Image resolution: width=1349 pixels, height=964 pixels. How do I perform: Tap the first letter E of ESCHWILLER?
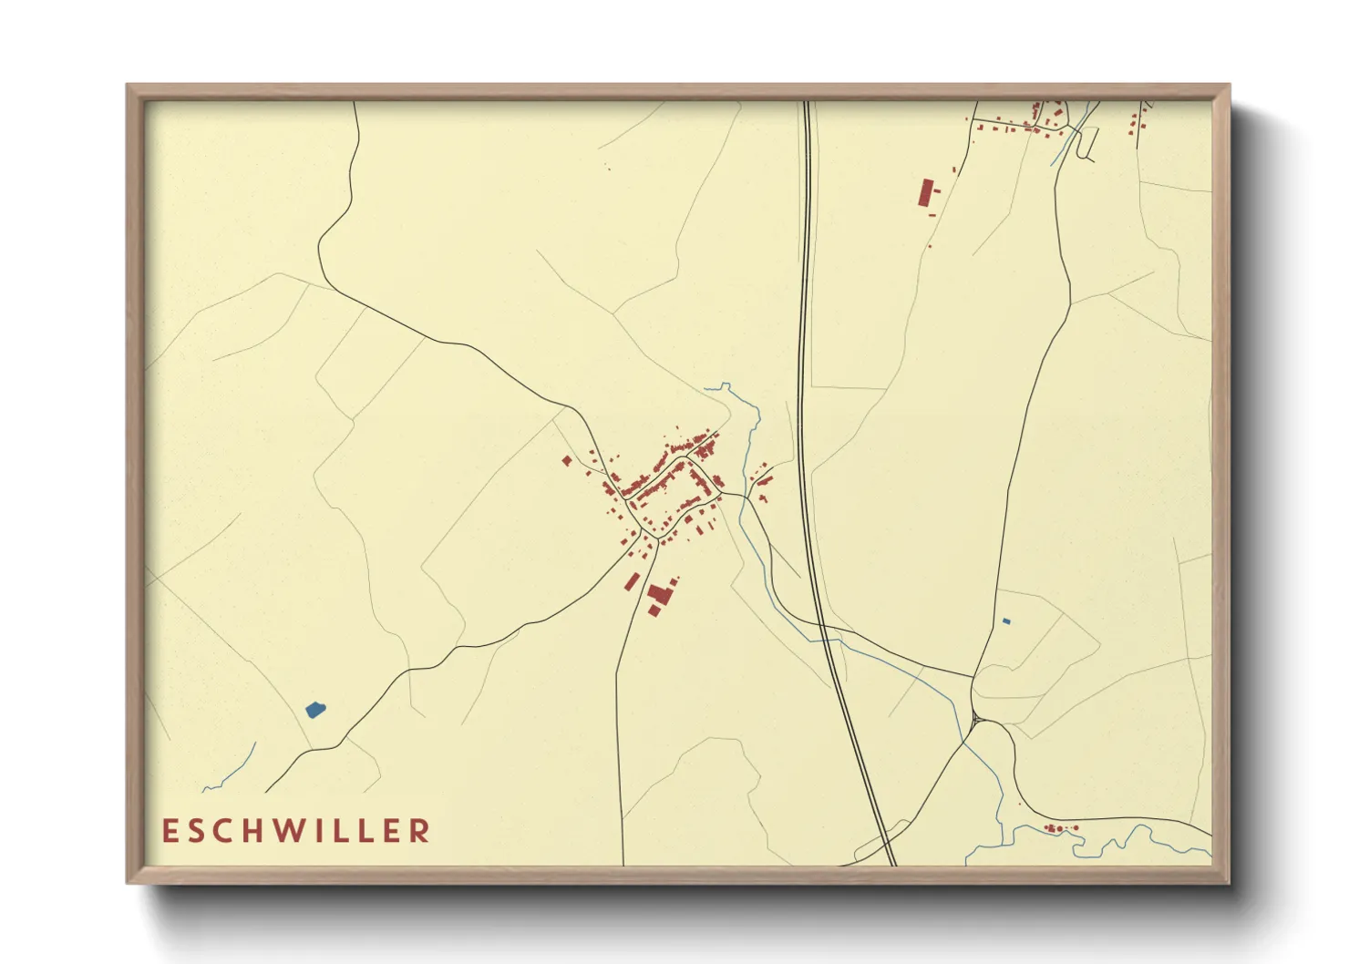click(169, 831)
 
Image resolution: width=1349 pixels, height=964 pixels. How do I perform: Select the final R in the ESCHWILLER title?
click(420, 831)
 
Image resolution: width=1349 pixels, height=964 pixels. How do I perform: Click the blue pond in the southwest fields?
click(314, 709)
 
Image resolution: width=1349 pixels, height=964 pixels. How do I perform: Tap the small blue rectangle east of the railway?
click(1006, 621)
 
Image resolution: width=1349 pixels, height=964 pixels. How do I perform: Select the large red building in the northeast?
click(926, 193)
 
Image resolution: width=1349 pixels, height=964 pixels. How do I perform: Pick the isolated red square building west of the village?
click(566, 461)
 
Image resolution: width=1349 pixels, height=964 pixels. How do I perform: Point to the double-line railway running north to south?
click(806, 364)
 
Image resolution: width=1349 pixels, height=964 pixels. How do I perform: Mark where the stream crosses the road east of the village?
click(746, 497)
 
